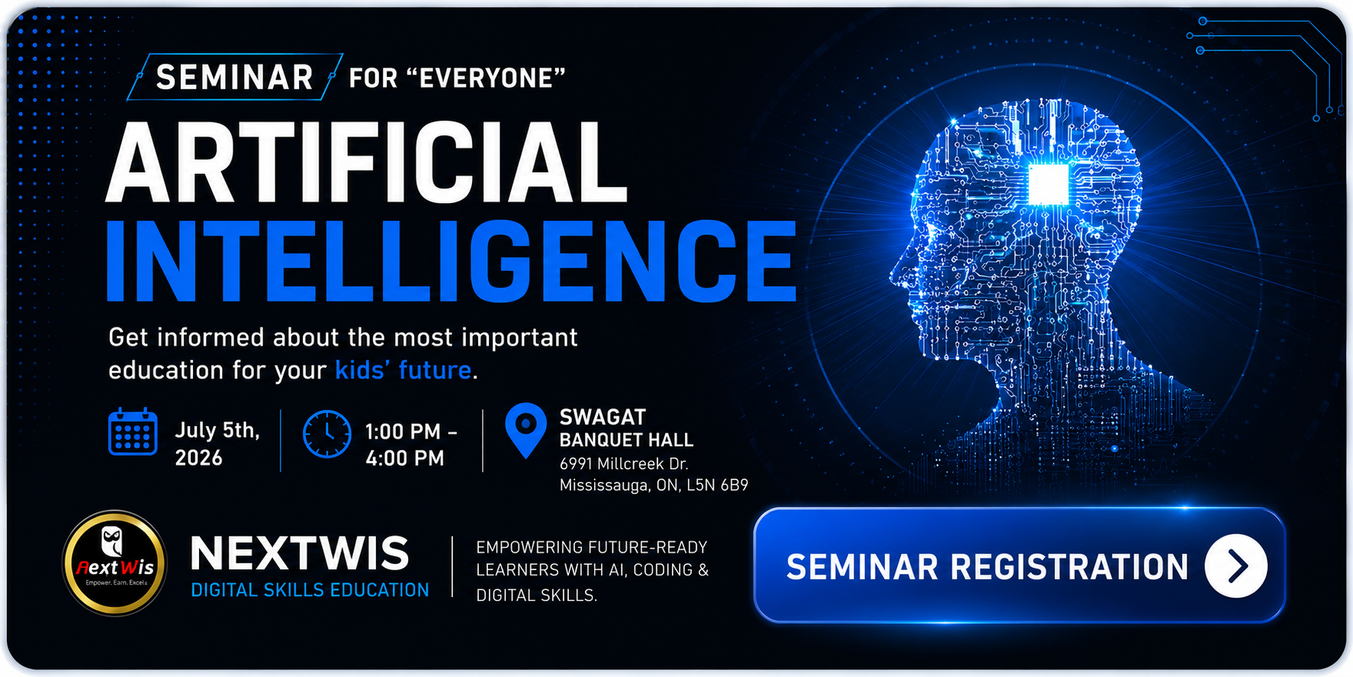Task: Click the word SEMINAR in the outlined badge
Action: coord(235,77)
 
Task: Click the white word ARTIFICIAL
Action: coord(367,163)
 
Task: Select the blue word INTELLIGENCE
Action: coord(451,260)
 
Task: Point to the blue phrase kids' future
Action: coord(403,370)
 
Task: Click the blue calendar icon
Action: coord(133,432)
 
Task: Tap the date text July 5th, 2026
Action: coord(217,443)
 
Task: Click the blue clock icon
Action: coord(327,434)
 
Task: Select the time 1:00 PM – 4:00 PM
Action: coord(411,444)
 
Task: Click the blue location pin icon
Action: coord(526,430)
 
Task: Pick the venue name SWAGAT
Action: coord(603,417)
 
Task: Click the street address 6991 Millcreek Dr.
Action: coord(624,463)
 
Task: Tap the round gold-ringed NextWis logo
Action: coord(114,563)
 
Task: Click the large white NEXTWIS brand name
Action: coord(300,553)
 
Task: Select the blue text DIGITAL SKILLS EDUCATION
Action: coord(310,590)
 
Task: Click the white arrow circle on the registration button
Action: coord(1236,566)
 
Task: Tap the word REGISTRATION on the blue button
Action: coord(1069,567)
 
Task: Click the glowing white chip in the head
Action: coord(1049,183)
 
